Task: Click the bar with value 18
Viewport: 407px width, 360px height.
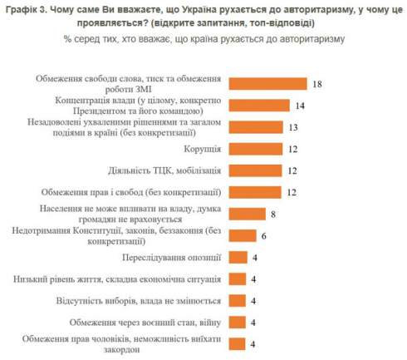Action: (266, 84)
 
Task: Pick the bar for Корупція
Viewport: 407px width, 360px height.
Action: (254, 150)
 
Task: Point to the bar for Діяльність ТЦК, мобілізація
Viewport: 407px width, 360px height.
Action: (254, 171)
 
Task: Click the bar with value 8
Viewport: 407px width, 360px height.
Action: (246, 214)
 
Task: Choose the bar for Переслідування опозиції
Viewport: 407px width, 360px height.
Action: (237, 257)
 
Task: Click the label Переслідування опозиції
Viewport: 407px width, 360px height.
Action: (174, 257)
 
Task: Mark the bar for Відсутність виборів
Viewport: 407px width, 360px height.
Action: (237, 300)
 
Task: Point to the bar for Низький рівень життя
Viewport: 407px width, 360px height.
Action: (237, 279)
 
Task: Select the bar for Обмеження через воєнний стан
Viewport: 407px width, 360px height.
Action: (237, 322)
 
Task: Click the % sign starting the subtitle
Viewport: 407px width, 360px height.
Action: (67, 39)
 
